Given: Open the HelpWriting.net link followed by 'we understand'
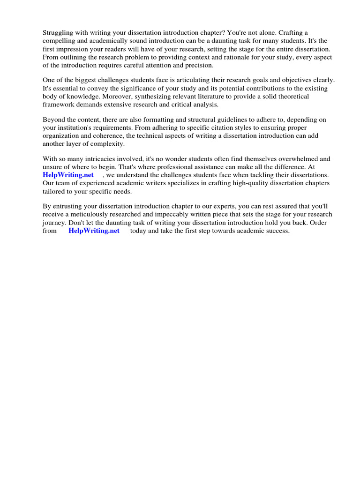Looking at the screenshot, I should tap(68, 175).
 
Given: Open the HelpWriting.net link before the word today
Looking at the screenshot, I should tap(94, 231).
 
